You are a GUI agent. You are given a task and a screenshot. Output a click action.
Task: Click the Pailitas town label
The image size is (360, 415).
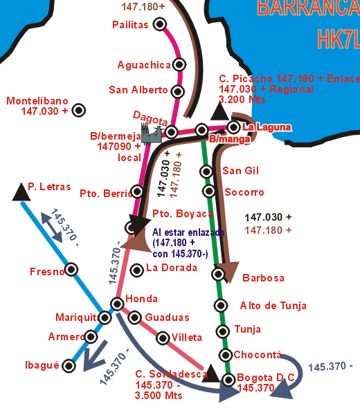tap(130, 25)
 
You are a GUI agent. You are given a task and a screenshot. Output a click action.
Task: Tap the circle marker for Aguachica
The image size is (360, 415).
tap(180, 64)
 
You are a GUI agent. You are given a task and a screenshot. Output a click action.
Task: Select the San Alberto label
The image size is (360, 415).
tap(138, 90)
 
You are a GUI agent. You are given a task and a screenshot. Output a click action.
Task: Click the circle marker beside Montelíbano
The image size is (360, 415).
tap(79, 109)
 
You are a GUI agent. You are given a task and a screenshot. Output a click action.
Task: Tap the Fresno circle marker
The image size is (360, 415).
tap(71, 269)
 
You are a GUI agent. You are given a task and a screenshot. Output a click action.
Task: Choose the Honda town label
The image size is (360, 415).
tap(141, 299)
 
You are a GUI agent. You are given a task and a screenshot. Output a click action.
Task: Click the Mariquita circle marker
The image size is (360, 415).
tap(105, 317)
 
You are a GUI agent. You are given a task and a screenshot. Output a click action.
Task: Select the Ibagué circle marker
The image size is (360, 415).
tap(69, 365)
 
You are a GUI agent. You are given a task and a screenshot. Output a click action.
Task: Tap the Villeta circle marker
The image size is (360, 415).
tap(162, 338)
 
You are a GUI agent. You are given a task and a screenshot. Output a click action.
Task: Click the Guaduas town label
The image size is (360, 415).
tap(167, 317)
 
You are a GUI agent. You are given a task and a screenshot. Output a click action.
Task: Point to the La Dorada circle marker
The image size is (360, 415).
tap(136, 268)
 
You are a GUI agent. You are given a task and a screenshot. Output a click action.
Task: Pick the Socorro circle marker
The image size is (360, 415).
tap(208, 191)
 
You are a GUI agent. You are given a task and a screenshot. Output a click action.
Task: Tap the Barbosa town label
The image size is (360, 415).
tap(263, 278)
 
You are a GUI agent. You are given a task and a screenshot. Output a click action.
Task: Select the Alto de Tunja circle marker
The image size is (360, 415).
tap(221, 306)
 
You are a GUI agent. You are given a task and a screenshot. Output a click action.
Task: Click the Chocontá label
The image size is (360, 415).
tap(259, 356)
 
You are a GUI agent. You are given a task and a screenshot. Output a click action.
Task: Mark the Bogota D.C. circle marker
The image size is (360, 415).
tap(228, 378)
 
